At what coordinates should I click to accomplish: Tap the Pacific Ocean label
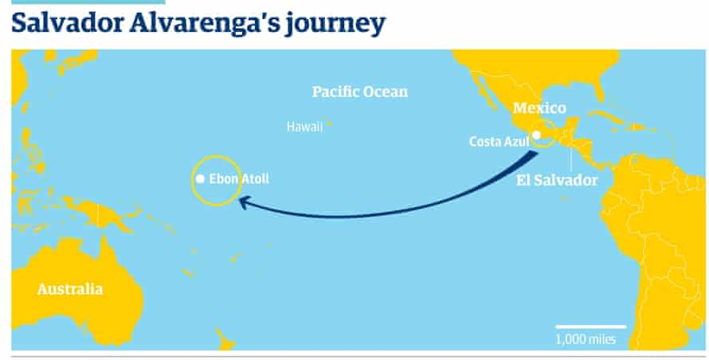click(x=359, y=92)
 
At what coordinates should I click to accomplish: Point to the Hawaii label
click(x=305, y=126)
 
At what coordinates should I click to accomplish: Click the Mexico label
click(x=539, y=108)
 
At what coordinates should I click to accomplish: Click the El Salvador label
click(x=556, y=181)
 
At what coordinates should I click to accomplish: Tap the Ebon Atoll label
click(x=238, y=179)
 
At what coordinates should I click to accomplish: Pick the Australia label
click(x=69, y=289)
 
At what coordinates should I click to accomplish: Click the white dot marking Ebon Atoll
click(x=201, y=179)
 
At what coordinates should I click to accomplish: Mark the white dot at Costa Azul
click(x=537, y=135)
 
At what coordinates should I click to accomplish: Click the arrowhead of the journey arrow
click(x=243, y=204)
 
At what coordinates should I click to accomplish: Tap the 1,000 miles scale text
click(x=585, y=339)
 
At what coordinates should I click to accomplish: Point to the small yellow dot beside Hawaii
click(x=331, y=124)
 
